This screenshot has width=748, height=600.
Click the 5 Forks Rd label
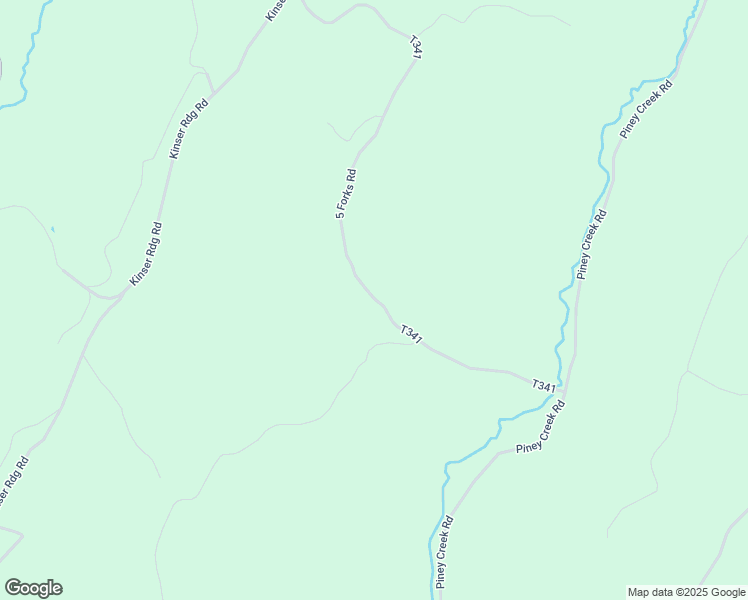[346, 194]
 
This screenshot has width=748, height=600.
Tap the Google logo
[33, 588]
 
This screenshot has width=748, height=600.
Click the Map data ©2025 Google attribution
[686, 592]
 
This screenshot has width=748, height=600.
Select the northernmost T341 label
[416, 48]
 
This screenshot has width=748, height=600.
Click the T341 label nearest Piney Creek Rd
[543, 385]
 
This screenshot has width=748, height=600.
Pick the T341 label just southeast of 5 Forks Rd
[411, 335]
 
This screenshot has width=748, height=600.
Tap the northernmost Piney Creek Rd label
[646, 109]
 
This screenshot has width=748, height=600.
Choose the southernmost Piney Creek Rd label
[445, 552]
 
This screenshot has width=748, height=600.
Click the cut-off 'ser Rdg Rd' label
[14, 482]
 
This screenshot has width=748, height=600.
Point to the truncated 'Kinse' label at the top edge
[277, 10]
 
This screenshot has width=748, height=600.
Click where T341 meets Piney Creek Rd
[561, 383]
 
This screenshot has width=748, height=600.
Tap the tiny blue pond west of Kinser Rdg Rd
[53, 230]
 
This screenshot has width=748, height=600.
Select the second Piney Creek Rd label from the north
[591, 245]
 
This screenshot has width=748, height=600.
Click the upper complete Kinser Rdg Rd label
[189, 129]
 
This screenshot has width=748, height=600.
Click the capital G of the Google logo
[13, 588]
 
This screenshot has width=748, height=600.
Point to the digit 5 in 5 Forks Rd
[339, 215]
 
